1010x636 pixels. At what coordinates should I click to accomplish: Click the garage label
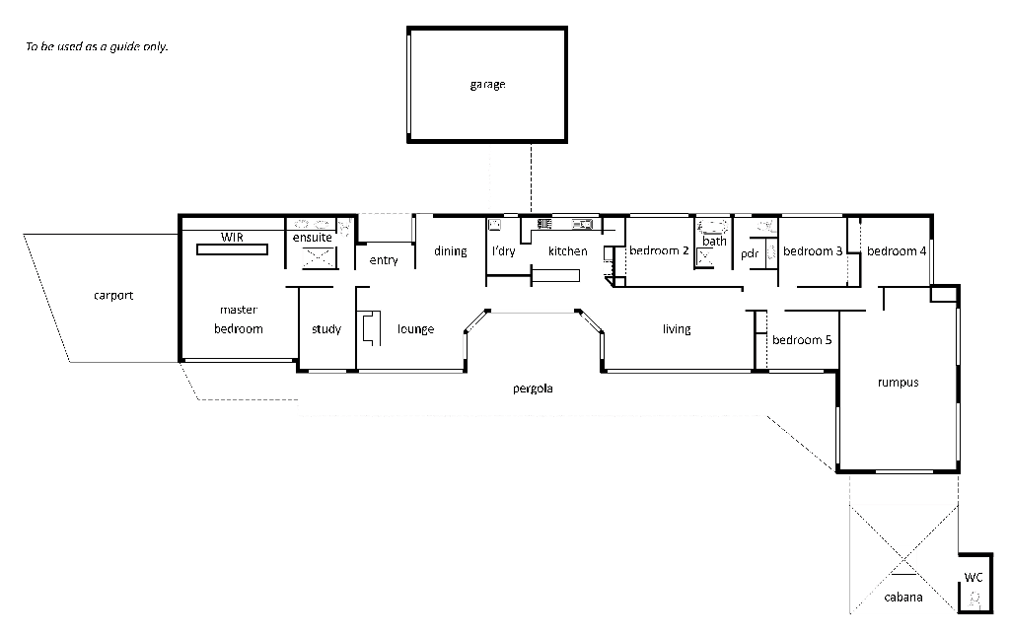point(487,85)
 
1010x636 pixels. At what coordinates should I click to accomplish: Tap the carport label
point(113,296)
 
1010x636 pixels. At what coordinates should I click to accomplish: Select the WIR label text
point(232,238)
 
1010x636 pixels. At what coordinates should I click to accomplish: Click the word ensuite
point(313,238)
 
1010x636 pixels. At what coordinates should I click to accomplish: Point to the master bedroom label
point(239,319)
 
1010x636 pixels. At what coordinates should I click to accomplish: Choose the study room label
point(326,329)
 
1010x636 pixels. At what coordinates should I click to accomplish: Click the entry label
point(384,260)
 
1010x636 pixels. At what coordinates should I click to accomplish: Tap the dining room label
point(451,251)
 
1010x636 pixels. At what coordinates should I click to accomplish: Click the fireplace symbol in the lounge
point(369,328)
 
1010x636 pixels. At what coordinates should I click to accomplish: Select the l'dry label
point(503,251)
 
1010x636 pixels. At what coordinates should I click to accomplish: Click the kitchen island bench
point(558,275)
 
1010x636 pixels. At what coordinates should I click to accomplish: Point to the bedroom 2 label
point(659,250)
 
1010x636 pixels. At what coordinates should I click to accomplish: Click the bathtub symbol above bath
point(714,226)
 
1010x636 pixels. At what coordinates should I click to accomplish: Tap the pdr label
point(749,253)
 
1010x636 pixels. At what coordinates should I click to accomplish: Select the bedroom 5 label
point(802,340)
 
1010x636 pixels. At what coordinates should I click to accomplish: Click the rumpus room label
point(898,383)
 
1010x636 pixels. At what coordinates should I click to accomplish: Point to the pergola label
point(533,389)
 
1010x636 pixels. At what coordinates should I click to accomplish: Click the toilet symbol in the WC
point(975,599)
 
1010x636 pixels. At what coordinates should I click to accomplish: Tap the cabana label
point(903,597)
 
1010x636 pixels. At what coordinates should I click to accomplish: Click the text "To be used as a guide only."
point(97,46)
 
